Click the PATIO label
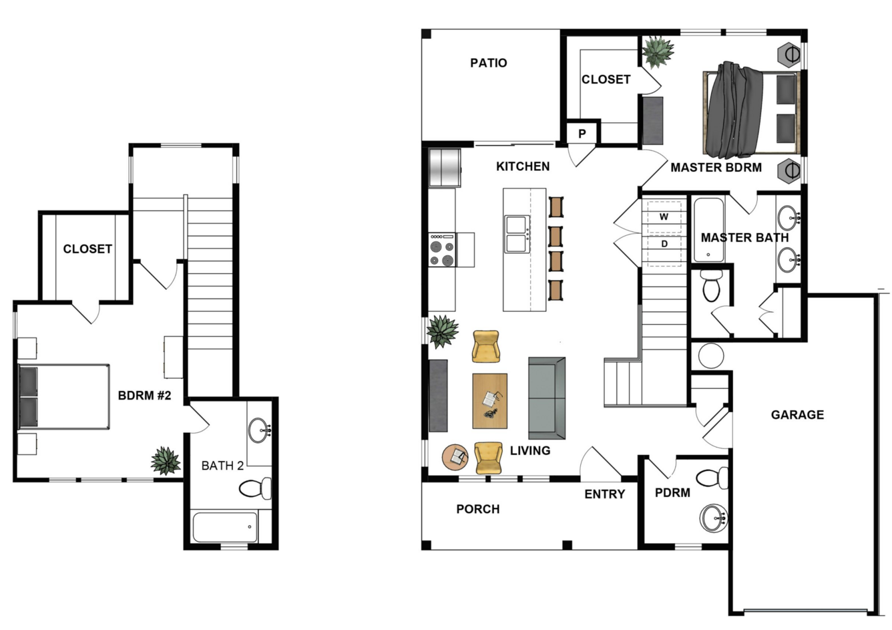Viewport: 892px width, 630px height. pos(489,63)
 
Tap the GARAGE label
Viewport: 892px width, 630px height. pos(797,415)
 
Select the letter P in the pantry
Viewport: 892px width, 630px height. pos(582,134)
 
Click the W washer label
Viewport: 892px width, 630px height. pos(664,216)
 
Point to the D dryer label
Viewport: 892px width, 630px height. pos(664,244)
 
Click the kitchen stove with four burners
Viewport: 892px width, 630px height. pos(443,250)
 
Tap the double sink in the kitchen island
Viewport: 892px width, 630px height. pos(517,234)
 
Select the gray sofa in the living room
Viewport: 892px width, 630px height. pos(547,398)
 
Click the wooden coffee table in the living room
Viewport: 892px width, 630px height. pos(490,401)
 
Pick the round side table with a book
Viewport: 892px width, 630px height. pos(455,457)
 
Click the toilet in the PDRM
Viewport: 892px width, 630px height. pos(713,478)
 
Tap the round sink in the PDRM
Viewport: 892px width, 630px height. pos(713,518)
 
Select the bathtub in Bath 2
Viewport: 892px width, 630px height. pos(225,527)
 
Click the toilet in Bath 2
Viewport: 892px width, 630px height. pos(255,488)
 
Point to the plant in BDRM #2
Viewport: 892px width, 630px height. pos(166,461)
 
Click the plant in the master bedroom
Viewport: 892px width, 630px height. pos(658,52)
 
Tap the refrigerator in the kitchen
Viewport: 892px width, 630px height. pos(445,168)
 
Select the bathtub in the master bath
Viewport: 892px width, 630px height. pos(709,230)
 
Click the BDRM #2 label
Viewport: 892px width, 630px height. pos(145,396)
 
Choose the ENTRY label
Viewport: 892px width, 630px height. pos(604,494)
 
